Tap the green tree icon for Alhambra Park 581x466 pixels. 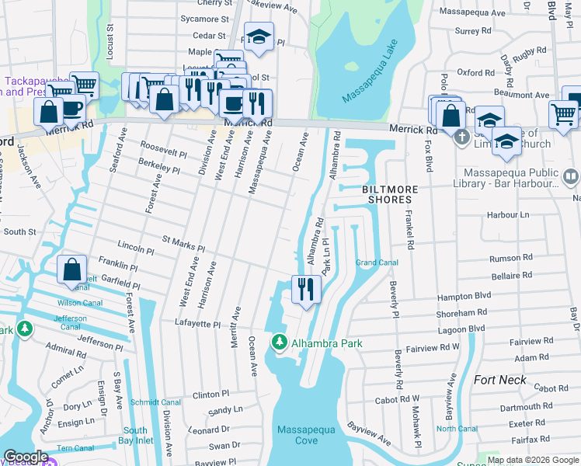pyautogui.click(x=279, y=342)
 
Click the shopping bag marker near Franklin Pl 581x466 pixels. pyautogui.click(x=71, y=270)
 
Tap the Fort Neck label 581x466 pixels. pyautogui.click(x=499, y=381)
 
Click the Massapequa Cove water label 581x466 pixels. pyautogui.click(x=297, y=435)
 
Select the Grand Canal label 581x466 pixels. pyautogui.click(x=377, y=263)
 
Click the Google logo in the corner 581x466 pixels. pyautogui.click(x=25, y=457)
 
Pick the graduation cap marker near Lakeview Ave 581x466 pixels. pyautogui.click(x=259, y=36)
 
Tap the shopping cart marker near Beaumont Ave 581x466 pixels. pyautogui.click(x=563, y=113)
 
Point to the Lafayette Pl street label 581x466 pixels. pyautogui.click(x=193, y=322)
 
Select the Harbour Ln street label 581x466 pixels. pyautogui.click(x=508, y=214)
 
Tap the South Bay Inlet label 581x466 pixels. pyautogui.click(x=134, y=436)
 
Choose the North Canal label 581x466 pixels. pyautogui.click(x=457, y=429)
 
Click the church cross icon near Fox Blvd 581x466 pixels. pyautogui.click(x=461, y=137)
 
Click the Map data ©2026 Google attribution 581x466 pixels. pyautogui.click(x=534, y=460)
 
